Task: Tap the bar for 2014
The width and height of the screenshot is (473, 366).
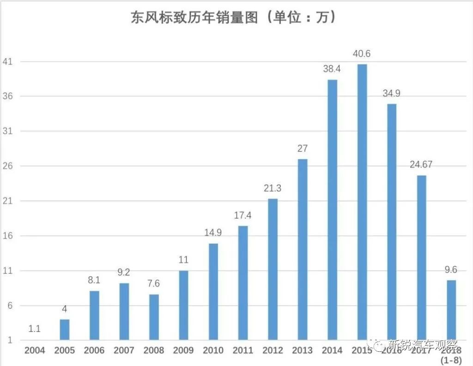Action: pos(332,210)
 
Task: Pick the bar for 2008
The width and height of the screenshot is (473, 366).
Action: pos(154,318)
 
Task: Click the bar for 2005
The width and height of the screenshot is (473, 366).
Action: pos(65,330)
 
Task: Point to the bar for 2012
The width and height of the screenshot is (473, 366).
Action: pos(273,270)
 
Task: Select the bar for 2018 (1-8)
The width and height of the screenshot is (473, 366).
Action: pos(451,310)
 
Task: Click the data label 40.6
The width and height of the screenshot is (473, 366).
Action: pos(362,54)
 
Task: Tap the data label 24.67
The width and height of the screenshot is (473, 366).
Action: pos(421,165)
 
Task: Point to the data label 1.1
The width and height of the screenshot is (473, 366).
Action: pos(35,329)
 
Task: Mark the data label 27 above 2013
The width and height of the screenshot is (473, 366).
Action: pos(303,149)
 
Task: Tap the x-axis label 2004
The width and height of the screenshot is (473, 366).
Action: pos(35,350)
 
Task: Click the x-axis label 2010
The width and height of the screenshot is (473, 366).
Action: pos(213,350)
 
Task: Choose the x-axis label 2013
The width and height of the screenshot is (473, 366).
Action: pos(303,350)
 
